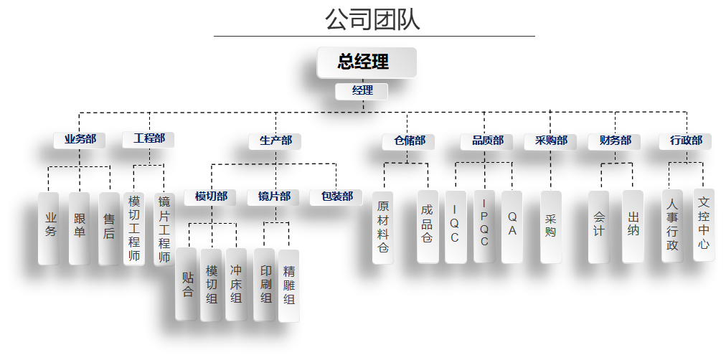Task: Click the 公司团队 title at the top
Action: click(372, 20)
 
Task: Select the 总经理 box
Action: click(367, 62)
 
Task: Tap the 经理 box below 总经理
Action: click(362, 91)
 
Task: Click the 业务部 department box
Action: click(80, 140)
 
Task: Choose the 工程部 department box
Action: click(148, 139)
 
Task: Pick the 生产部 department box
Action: click(275, 141)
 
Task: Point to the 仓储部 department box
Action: click(408, 141)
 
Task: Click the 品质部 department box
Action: click(486, 141)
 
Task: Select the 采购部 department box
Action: click(550, 141)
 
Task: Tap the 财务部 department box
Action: click(614, 141)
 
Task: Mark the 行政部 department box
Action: click(685, 141)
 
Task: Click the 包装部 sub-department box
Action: click(336, 197)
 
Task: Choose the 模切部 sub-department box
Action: click(211, 197)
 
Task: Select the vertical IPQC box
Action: click(484, 227)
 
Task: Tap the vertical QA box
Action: click(512, 227)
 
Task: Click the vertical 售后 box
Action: click(109, 229)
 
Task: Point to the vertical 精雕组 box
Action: click(289, 286)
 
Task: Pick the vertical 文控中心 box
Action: click(704, 225)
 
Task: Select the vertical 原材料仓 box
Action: click(383, 227)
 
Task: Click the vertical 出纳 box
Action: click(633, 227)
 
